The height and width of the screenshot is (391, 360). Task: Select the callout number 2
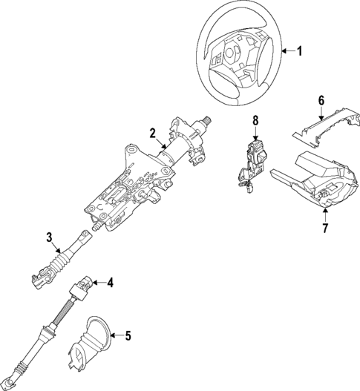(x=152, y=134)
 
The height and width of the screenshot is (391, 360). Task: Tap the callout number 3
(x=48, y=237)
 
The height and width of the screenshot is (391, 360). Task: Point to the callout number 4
(x=110, y=282)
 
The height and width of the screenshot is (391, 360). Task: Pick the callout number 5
(x=127, y=335)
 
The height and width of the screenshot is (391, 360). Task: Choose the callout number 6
(x=321, y=100)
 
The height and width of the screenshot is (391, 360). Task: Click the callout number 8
(x=255, y=119)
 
